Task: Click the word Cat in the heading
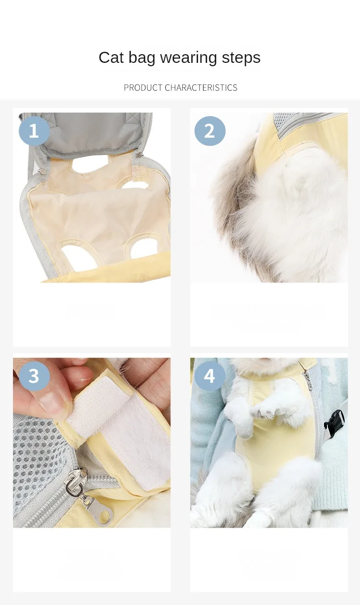111,58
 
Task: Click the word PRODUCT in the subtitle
143,87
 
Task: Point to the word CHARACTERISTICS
201,87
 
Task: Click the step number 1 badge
34,131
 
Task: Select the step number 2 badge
210,131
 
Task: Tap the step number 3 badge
34,376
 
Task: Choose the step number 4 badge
210,376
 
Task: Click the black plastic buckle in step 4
335,421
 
